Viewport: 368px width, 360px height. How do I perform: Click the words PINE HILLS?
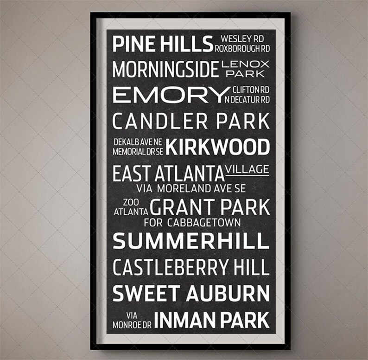coord(163,45)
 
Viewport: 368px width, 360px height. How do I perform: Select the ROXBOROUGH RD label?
coord(242,48)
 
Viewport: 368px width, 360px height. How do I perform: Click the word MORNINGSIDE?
coord(165,70)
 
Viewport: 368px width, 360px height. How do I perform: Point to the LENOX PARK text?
coord(245,68)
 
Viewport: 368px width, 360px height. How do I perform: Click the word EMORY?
coord(168,95)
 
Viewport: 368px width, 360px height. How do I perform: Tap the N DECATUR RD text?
coord(247,99)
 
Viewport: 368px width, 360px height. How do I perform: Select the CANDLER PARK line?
coord(191,121)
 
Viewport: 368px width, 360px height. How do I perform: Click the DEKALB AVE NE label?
coord(138,142)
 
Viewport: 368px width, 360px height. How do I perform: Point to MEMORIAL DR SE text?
coord(138,151)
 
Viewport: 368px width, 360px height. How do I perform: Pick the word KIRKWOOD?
coord(218,147)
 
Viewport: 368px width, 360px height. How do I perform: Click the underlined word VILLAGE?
coord(247,170)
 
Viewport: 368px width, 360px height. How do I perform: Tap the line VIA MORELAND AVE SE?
coord(191,189)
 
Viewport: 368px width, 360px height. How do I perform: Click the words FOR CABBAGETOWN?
coord(192,223)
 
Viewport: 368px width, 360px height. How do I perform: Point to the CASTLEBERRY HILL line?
coord(191,268)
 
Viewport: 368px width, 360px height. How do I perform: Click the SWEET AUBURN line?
coord(191,294)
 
